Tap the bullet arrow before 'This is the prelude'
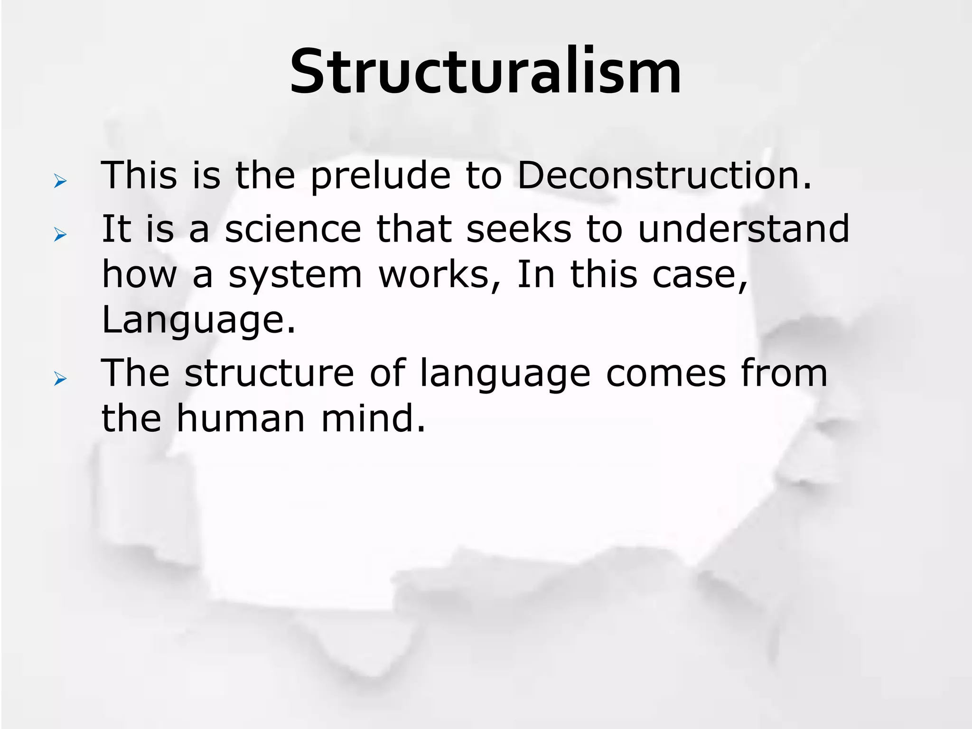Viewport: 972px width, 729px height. point(60,181)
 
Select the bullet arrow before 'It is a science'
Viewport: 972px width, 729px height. point(60,234)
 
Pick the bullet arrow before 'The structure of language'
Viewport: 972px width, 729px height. point(60,379)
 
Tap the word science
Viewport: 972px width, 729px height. point(293,229)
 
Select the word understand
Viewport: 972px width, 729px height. point(743,229)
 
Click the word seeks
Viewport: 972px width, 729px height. point(519,229)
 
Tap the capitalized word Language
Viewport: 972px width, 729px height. point(198,321)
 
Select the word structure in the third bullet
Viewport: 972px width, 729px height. point(269,373)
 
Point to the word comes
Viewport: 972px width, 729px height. point(666,373)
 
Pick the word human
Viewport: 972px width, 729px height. point(241,419)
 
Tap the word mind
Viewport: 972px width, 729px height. point(373,419)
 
